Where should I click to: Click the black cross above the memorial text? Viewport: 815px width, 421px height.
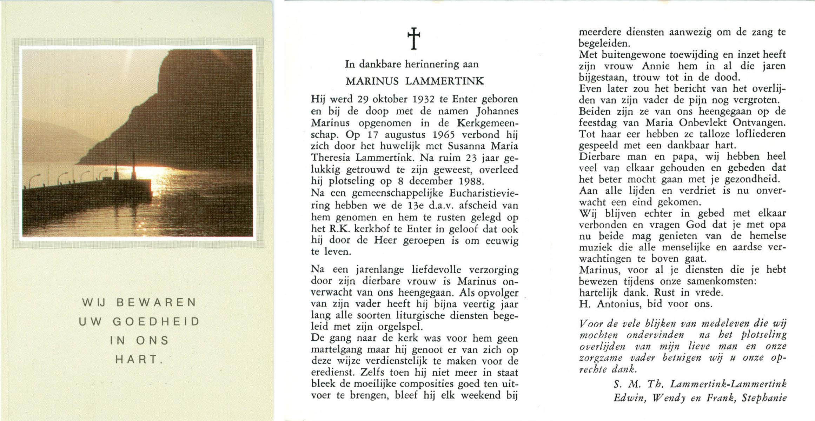pos(413,38)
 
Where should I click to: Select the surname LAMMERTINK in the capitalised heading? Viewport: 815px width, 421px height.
pos(444,81)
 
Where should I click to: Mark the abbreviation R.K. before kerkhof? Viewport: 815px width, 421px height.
pos(339,229)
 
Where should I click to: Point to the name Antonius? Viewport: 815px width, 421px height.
pos(619,304)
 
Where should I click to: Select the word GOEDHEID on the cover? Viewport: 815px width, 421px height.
pos(156,322)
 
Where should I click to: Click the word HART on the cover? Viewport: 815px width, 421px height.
pos(137,360)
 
